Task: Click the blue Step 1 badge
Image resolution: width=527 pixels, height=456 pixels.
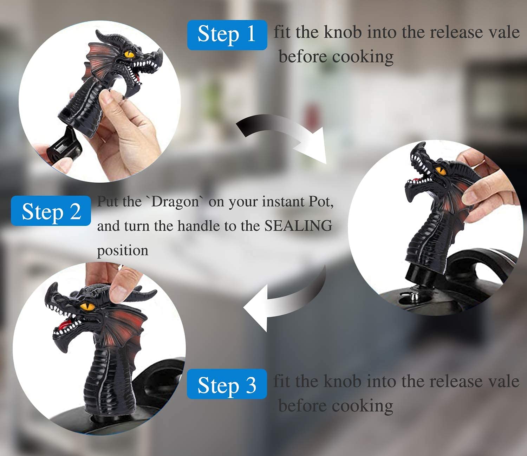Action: (227, 35)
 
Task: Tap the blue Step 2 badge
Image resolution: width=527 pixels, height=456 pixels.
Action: (51, 211)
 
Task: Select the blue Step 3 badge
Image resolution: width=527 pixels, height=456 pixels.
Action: (227, 384)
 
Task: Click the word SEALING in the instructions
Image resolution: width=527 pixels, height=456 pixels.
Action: (298, 226)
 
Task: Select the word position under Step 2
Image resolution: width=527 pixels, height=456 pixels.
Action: (123, 250)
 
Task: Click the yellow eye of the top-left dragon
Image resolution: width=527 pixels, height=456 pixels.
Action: (129, 55)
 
